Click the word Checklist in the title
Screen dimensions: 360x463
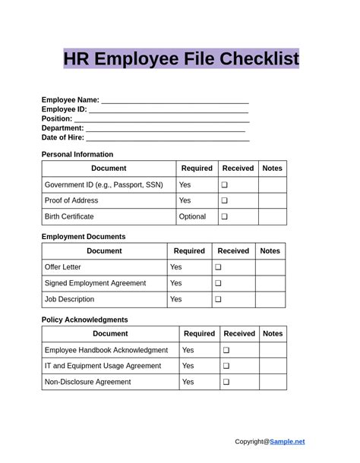tap(259, 58)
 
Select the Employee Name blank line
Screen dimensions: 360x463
tap(175, 101)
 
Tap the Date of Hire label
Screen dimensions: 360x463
tap(62, 137)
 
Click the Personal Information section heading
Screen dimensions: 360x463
tap(77, 154)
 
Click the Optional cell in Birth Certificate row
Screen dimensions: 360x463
tap(192, 216)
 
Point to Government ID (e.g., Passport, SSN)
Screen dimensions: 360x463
tap(104, 184)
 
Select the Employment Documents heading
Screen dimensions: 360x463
tap(84, 236)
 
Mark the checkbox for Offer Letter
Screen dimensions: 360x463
tap(218, 267)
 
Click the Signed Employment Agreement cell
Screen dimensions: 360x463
tap(96, 283)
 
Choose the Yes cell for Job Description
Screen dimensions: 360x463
tap(176, 299)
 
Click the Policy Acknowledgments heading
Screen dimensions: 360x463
tap(84, 320)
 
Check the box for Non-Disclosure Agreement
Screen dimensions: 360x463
tap(226, 382)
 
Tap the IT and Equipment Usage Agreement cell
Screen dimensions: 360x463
tap(103, 366)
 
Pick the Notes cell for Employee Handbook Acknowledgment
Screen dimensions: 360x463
tap(273, 350)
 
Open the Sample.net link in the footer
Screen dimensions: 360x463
tap(287, 441)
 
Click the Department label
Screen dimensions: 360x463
tap(62, 128)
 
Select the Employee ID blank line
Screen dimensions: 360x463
tap(169, 110)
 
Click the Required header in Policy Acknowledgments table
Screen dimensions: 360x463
tap(200, 333)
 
